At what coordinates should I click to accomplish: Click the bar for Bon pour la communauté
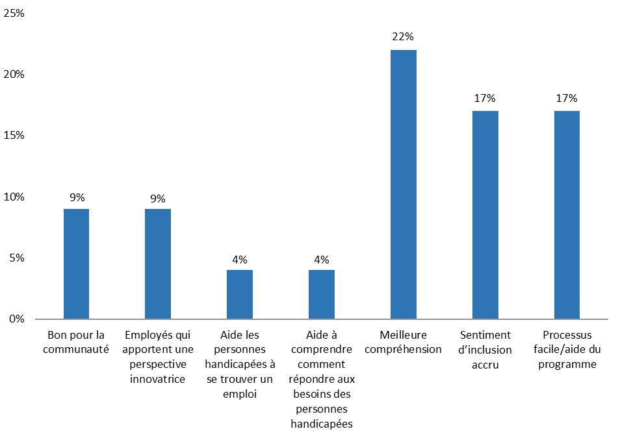coord(76,263)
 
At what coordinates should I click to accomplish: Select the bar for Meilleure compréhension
coord(403,184)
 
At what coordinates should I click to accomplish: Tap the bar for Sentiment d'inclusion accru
coord(485,215)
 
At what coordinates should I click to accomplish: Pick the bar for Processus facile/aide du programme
coord(567,215)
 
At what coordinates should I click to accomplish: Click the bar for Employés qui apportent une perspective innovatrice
coord(158,263)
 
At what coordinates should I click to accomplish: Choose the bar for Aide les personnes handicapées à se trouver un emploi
coord(240,294)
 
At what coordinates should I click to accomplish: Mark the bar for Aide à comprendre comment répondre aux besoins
coord(322,294)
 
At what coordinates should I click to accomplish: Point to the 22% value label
coord(403,37)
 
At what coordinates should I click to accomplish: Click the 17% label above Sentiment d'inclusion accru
coord(485,99)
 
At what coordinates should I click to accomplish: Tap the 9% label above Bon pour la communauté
coord(76,197)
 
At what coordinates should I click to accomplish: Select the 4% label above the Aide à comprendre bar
coord(322,259)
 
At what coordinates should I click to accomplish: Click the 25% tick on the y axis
coord(14,13)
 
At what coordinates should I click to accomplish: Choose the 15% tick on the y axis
coord(14,136)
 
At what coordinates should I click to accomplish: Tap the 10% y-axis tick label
coord(14,197)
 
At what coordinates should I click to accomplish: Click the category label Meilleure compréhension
coord(403,342)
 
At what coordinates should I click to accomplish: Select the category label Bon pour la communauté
coord(76,342)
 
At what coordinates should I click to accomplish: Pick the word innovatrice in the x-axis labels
coord(158,379)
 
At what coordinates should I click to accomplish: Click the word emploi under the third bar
coord(240,394)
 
